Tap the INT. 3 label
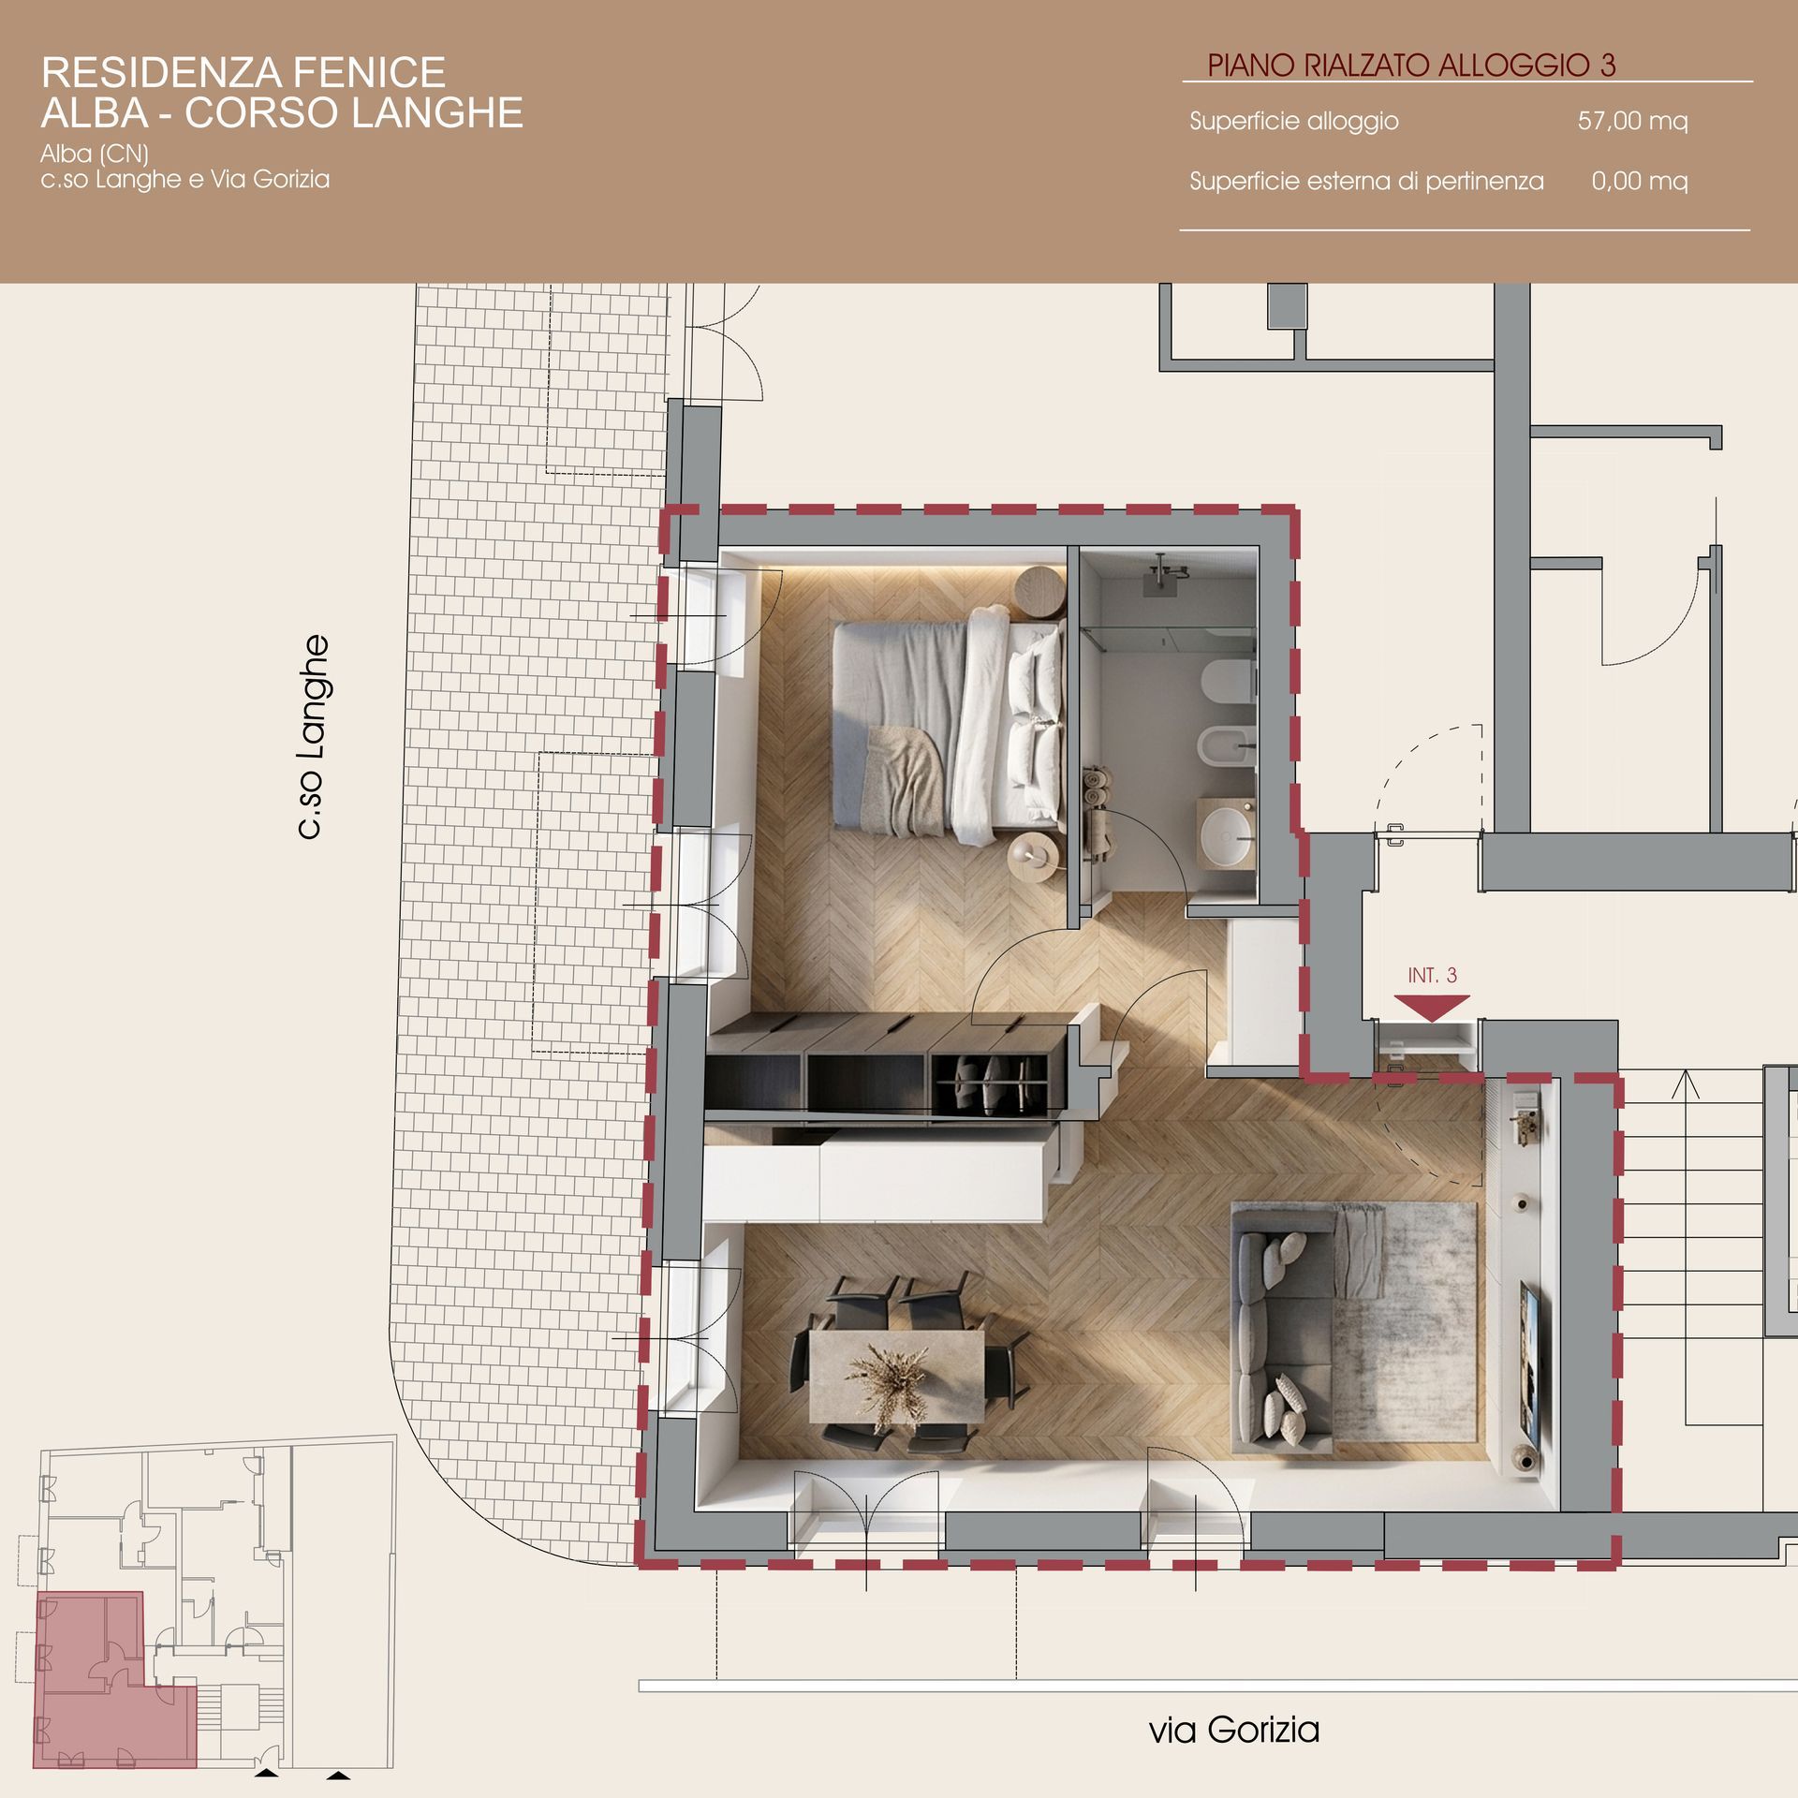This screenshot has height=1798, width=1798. pos(1432,975)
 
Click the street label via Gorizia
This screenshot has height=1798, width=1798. pos(1234,1730)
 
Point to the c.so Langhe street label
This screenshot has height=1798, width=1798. pos(313,737)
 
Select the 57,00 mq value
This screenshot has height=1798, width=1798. pos(1632,121)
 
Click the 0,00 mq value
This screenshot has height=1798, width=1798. pos(1639,181)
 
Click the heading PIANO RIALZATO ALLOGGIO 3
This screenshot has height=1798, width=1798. pos(1411,65)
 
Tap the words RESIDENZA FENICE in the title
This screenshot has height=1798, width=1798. pos(243,72)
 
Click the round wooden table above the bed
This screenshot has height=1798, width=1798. pos(1039,592)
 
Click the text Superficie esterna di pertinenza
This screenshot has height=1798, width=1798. pos(1366,181)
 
